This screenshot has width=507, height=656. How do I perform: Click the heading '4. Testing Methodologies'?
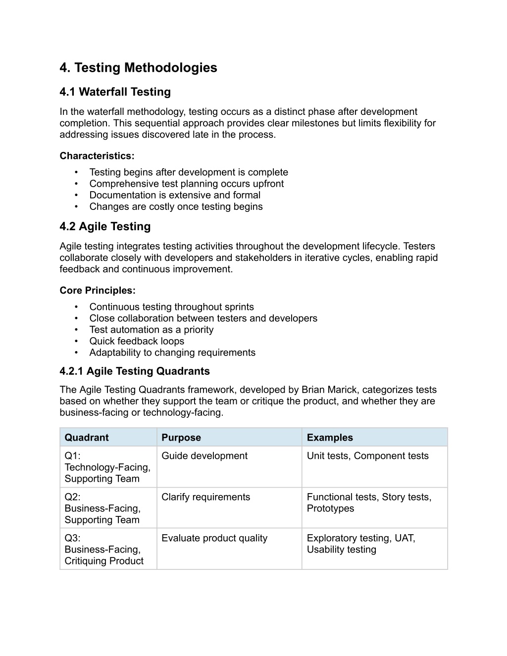pos(138,68)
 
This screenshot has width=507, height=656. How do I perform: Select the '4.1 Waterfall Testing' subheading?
pos(115,92)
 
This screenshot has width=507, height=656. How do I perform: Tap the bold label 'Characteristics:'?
pos(97,156)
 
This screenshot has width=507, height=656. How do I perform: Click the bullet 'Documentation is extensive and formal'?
pos(175,195)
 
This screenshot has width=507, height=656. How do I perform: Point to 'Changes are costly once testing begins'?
pos(176,206)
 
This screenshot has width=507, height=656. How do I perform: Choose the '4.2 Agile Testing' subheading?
pos(105,227)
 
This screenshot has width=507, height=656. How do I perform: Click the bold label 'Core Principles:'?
pos(98,291)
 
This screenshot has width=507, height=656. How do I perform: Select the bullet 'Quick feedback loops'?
pos(137,341)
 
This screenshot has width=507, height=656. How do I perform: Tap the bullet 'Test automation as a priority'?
pos(152,330)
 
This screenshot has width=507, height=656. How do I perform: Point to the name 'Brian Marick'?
pos(329,390)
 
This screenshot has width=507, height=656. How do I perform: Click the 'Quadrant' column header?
pos(87,438)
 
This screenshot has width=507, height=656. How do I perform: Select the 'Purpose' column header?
pos(181,438)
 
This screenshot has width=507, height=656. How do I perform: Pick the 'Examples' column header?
pos(330,438)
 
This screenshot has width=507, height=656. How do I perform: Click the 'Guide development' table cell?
pos(204,456)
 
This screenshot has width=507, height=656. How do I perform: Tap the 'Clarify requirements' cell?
pos(206,497)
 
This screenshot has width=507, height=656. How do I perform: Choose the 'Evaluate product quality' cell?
pos(214,538)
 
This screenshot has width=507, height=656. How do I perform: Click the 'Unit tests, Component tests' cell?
pos(367,456)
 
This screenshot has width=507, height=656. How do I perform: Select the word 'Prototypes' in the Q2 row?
pos(330,508)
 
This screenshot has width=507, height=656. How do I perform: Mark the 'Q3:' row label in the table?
pos(73,538)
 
